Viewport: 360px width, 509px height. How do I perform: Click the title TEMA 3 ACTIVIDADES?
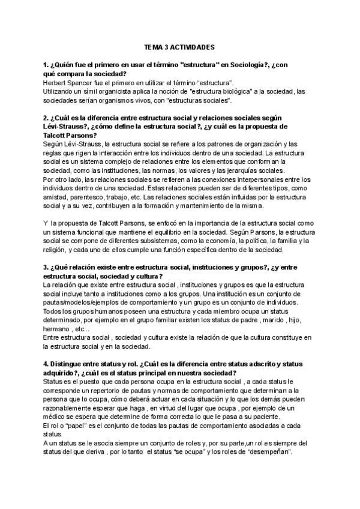click(180, 46)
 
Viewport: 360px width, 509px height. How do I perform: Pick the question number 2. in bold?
click(47, 118)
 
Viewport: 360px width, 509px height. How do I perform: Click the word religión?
click(59, 251)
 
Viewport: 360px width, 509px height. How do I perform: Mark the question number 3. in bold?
click(47, 268)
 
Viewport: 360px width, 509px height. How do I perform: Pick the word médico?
click(56, 420)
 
